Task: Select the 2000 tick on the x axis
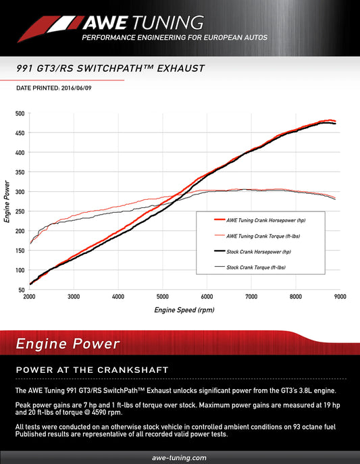click(30, 297)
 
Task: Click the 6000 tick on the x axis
click(207, 297)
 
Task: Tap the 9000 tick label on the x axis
click(340, 297)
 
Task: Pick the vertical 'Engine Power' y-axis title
click(7, 202)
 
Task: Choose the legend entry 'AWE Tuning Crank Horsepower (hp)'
click(265, 220)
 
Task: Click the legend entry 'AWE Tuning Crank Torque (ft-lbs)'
click(265, 236)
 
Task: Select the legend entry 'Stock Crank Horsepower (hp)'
click(259, 251)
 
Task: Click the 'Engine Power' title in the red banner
click(68, 344)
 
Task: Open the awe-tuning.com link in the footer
click(180, 457)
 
